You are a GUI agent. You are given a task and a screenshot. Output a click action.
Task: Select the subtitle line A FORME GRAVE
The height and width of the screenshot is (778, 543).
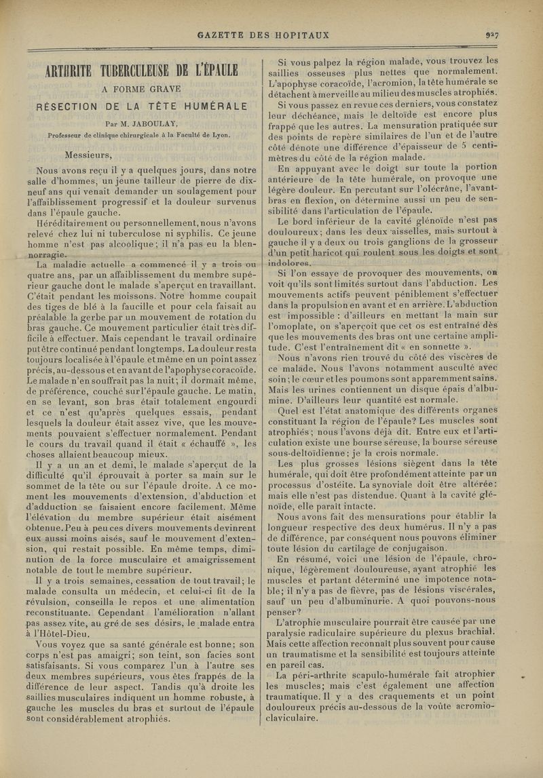coord(141,88)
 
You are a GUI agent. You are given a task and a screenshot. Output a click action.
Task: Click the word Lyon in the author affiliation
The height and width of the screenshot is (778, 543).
coord(221,134)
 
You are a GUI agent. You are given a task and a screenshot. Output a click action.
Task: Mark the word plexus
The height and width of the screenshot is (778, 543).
coord(436,631)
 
